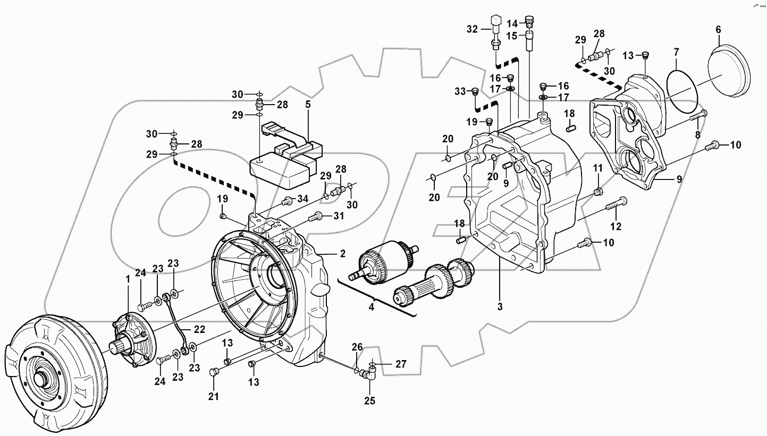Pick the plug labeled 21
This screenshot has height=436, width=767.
[215, 372]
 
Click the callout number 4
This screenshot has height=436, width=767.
[371, 306]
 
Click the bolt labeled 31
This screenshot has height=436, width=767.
[315, 216]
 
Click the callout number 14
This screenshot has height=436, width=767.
[511, 23]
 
